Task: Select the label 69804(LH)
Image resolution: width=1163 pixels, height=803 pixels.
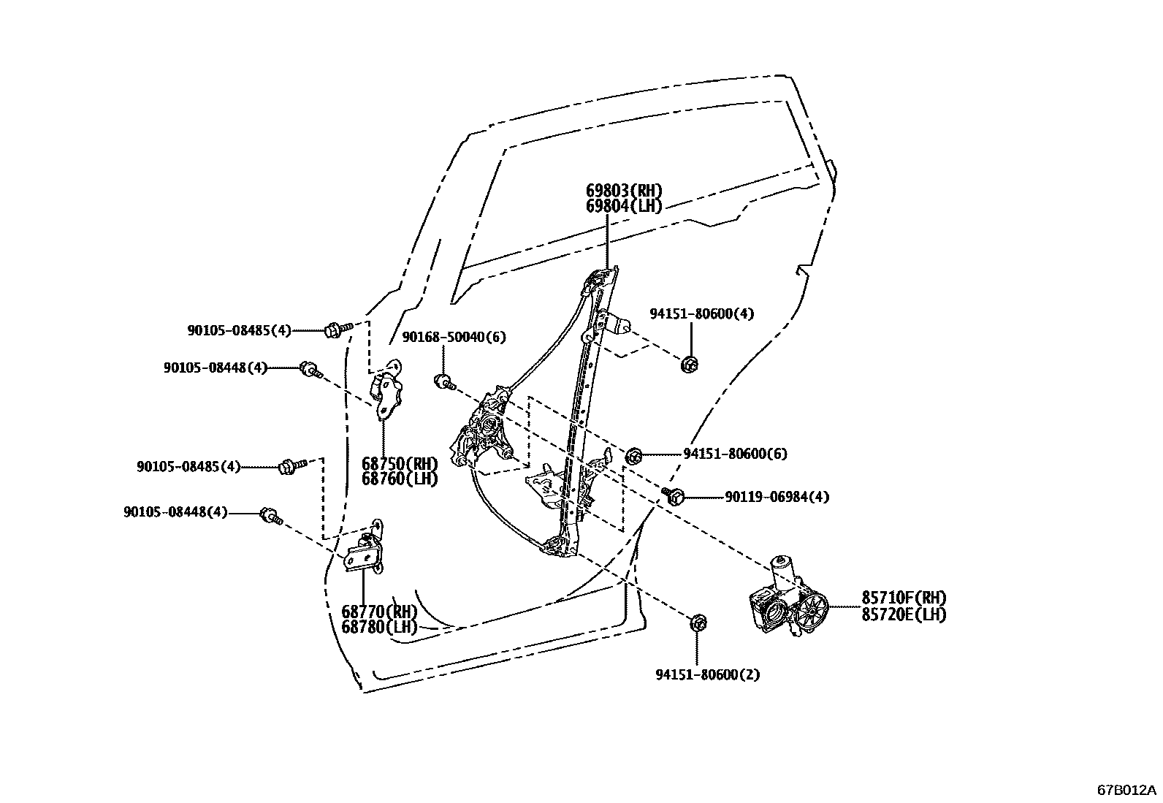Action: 624,207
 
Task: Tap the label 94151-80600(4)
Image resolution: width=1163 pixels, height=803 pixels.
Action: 702,314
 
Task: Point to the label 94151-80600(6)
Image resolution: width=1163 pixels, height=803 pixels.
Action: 735,454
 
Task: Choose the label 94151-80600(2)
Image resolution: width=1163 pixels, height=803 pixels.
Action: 707,674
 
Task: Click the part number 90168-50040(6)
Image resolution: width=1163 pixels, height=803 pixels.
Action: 454,337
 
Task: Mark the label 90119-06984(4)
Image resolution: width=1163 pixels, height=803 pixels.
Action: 777,497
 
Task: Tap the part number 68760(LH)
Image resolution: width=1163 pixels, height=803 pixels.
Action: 400,479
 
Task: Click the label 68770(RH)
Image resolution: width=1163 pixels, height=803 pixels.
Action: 379,612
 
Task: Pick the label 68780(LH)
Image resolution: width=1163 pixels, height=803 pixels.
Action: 379,627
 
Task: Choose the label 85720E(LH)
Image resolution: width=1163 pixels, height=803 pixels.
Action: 904,614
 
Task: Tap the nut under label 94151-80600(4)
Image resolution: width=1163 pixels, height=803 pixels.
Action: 688,363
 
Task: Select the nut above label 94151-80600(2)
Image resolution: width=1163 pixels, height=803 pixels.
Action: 697,623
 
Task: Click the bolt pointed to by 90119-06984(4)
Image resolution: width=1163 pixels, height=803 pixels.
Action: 673,497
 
